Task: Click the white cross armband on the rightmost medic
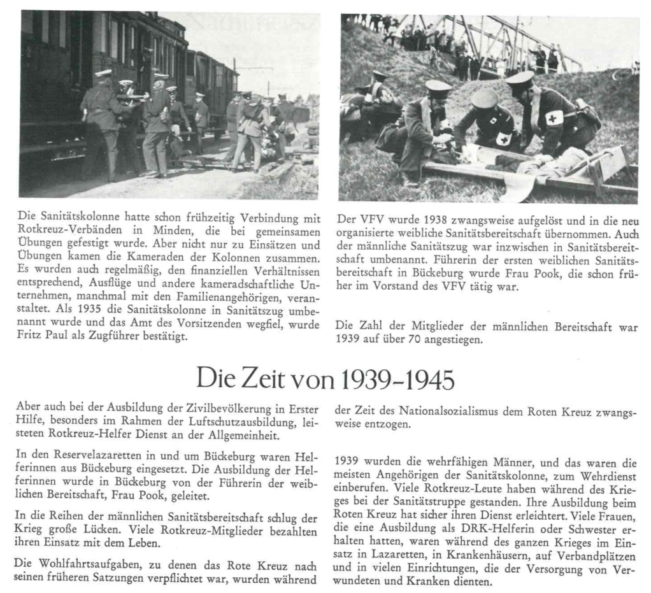click(x=553, y=118)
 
